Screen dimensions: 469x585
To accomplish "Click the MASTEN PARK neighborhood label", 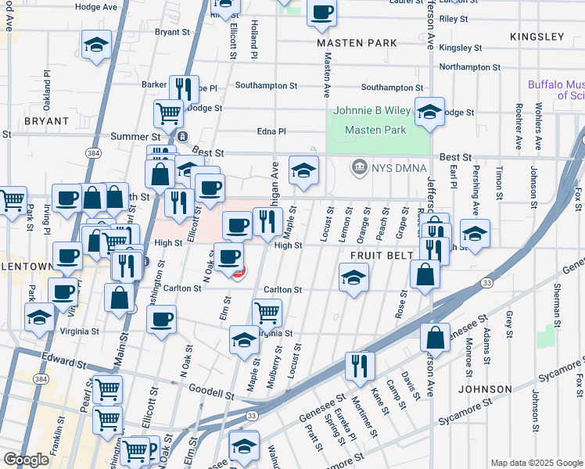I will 357,42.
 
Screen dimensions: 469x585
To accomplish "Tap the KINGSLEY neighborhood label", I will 537,37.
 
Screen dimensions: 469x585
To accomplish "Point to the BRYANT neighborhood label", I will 47,122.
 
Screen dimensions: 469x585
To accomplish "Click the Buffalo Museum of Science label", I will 556,90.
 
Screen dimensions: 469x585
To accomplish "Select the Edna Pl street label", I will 271,132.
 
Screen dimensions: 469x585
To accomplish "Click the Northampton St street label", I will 469,67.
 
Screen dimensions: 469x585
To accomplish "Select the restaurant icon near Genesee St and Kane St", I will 360,364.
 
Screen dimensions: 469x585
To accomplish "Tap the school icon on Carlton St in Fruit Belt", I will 354,277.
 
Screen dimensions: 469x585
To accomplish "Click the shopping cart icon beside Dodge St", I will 168,113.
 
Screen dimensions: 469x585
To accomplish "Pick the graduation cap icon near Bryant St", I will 96,45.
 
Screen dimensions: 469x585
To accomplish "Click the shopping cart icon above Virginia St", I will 267,313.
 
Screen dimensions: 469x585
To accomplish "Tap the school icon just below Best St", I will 303,170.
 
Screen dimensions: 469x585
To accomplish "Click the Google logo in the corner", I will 26,460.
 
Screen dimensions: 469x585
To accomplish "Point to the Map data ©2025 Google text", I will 536,463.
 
